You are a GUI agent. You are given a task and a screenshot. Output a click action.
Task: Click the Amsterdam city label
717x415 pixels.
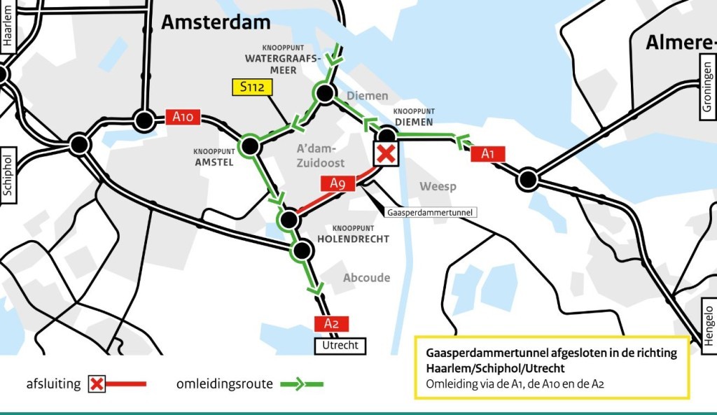216,22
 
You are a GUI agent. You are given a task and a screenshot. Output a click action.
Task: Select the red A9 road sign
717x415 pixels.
338,183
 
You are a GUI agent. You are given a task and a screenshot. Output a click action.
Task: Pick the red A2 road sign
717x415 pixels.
331,323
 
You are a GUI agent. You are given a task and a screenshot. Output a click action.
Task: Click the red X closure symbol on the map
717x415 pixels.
385,154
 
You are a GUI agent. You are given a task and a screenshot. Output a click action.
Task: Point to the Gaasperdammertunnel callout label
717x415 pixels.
430,211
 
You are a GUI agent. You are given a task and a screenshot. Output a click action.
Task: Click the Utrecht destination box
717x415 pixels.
340,345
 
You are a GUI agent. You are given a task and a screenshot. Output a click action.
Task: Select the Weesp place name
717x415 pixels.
438,186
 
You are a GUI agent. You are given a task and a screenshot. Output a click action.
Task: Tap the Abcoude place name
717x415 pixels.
366,278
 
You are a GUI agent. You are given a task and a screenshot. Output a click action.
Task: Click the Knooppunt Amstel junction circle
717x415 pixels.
249,146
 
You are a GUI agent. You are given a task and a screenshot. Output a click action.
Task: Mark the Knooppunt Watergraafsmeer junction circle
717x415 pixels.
324,92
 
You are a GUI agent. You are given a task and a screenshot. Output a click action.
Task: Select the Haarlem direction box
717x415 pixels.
8,27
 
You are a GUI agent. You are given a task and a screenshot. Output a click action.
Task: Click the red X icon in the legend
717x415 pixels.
97,384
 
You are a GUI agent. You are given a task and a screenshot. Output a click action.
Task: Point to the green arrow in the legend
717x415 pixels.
302,384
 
